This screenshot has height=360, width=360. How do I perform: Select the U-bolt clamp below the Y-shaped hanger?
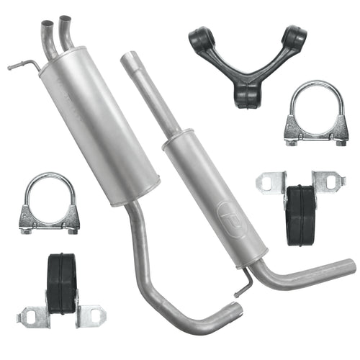314,115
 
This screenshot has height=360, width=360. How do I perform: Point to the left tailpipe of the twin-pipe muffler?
48,40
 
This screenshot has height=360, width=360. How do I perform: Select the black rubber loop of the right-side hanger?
301,214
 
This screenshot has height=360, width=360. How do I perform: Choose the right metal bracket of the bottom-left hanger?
91,315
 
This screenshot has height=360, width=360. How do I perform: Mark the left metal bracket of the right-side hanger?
270,183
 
